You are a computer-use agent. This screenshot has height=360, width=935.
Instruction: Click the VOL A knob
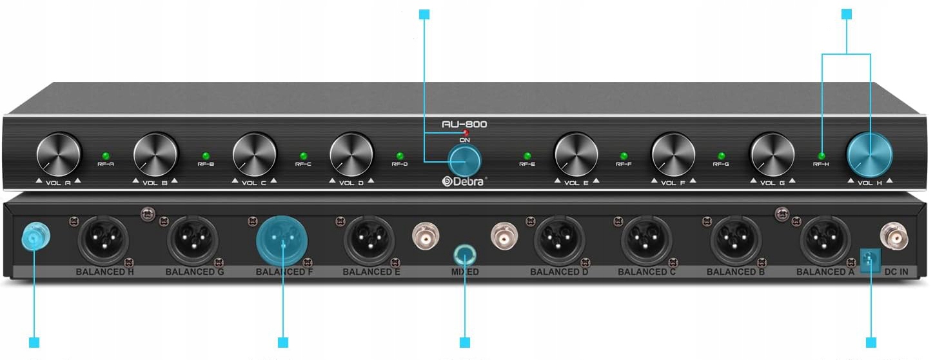(59, 155)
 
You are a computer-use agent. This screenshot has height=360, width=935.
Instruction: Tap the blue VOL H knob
(870, 155)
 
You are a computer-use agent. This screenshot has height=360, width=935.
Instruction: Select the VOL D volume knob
(351, 155)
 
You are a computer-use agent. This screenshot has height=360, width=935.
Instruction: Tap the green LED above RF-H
(822, 155)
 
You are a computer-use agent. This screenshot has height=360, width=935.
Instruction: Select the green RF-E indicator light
(527, 155)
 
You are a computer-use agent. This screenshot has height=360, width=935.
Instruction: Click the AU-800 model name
(464, 124)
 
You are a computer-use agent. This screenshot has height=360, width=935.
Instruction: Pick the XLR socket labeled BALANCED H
(103, 241)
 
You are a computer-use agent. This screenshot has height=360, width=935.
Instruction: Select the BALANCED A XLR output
(825, 241)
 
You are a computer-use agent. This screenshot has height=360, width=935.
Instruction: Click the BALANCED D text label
(559, 272)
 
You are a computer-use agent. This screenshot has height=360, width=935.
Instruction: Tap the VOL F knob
(673, 155)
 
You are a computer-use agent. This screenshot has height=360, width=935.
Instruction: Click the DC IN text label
(896, 272)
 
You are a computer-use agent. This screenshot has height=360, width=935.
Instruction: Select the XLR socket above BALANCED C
(647, 241)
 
